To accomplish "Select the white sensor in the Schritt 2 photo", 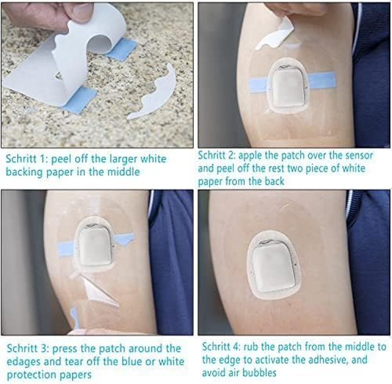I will [287, 87].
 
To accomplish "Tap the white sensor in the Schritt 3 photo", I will [94, 245].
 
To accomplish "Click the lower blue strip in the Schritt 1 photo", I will [79, 99].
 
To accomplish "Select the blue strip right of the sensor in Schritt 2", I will [321, 80].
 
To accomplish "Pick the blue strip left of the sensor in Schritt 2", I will [258, 85].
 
